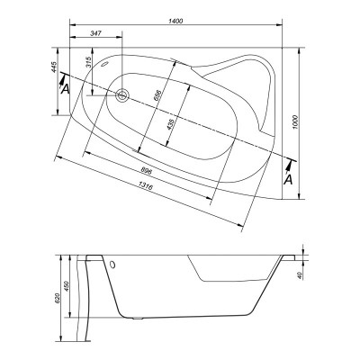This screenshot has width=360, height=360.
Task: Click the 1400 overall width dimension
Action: tap(175, 21)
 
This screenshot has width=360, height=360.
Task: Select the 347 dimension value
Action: tap(95, 33)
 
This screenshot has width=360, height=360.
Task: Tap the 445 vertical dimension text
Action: tap(54, 67)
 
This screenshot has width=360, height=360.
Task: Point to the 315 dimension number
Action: tap(88, 62)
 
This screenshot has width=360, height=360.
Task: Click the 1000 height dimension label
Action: tap(295, 122)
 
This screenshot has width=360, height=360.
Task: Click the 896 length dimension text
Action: tap(147, 171)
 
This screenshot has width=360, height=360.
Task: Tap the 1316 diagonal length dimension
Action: tap(146, 186)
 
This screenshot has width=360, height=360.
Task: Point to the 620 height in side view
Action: tap(58, 299)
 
